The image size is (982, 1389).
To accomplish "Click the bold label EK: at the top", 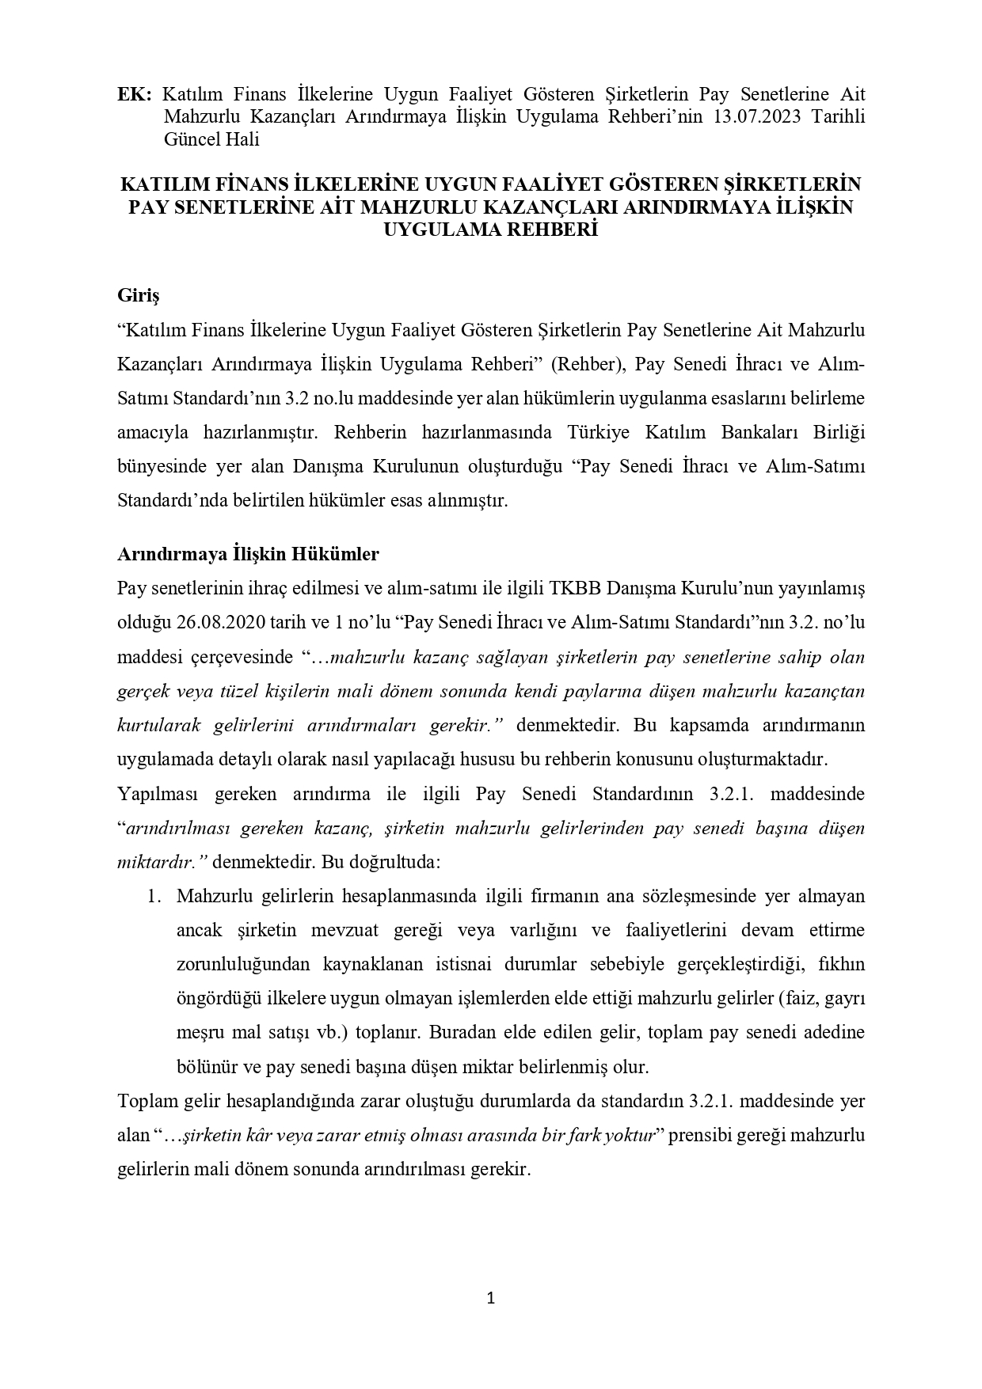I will point(134,94).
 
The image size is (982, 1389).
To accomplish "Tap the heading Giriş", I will point(138,295).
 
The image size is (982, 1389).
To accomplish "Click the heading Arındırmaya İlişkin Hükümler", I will point(247,554).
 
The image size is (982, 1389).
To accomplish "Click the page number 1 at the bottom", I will point(490,1297).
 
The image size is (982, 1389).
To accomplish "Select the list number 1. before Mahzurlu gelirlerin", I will point(155,897).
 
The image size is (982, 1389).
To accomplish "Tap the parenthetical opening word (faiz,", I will point(797,999).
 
